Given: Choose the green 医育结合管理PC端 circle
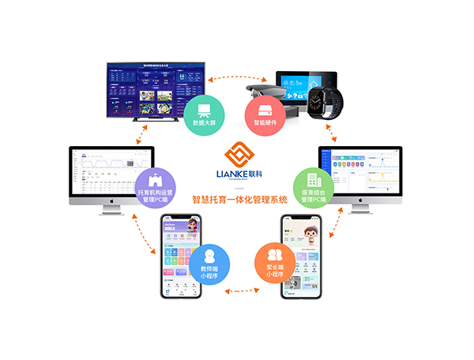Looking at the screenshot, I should (x=313, y=186).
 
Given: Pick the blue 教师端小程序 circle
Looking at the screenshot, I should (x=209, y=264).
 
